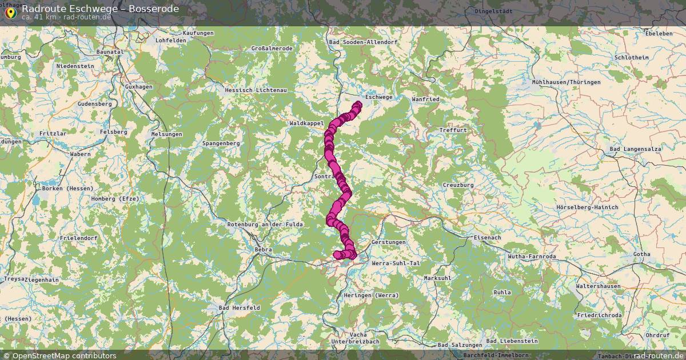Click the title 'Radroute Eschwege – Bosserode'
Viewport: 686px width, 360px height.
click(100, 9)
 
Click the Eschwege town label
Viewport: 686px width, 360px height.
click(378, 97)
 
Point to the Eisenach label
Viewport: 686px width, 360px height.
click(487, 237)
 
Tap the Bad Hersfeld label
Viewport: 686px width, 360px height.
click(240, 307)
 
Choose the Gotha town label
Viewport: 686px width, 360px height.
click(641, 254)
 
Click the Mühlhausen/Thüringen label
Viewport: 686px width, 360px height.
click(566, 82)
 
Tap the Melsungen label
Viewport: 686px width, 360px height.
click(166, 134)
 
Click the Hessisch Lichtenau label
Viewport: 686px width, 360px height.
click(256, 90)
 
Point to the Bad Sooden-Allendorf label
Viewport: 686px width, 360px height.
click(363, 42)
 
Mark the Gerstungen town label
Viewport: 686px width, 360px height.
click(388, 242)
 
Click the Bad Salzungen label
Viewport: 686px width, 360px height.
click(460, 345)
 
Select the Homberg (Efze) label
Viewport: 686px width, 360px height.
click(115, 198)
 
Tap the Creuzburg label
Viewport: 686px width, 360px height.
click(458, 185)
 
